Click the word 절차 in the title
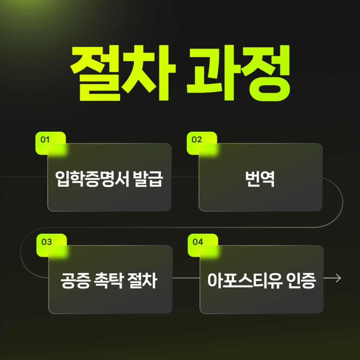click(x=123, y=73)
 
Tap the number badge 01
click(x=51, y=143)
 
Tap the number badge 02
click(x=202, y=143)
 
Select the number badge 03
click(x=51, y=245)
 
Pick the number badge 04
click(x=203, y=245)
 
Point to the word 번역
click(x=260, y=179)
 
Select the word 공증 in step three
click(x=75, y=281)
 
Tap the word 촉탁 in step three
click(x=108, y=281)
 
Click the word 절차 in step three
click(x=142, y=281)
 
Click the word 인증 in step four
click(x=301, y=281)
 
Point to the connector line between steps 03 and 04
click(x=186, y=278)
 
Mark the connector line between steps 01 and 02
click(x=185, y=177)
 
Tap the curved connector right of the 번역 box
click(x=343, y=202)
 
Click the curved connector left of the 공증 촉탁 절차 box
click(x=20, y=253)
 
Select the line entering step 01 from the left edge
click(x=23, y=177)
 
